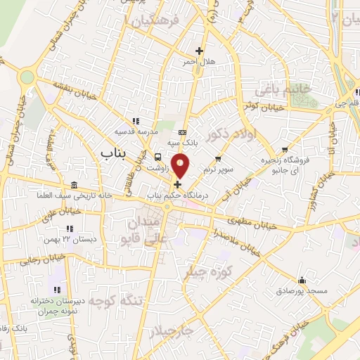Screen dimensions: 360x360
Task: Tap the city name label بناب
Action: coord(112,152)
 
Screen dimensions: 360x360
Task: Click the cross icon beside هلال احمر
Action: coord(200,51)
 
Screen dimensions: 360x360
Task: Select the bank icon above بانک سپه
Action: coord(183,132)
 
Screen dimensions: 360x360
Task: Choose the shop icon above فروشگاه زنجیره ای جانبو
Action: coord(285,149)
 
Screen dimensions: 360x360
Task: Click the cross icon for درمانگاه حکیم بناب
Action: coord(176,184)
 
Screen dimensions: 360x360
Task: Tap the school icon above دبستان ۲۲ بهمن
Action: coord(69,229)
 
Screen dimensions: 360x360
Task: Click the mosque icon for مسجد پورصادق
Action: coord(302,279)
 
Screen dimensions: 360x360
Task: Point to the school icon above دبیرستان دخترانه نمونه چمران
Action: coord(57,289)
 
